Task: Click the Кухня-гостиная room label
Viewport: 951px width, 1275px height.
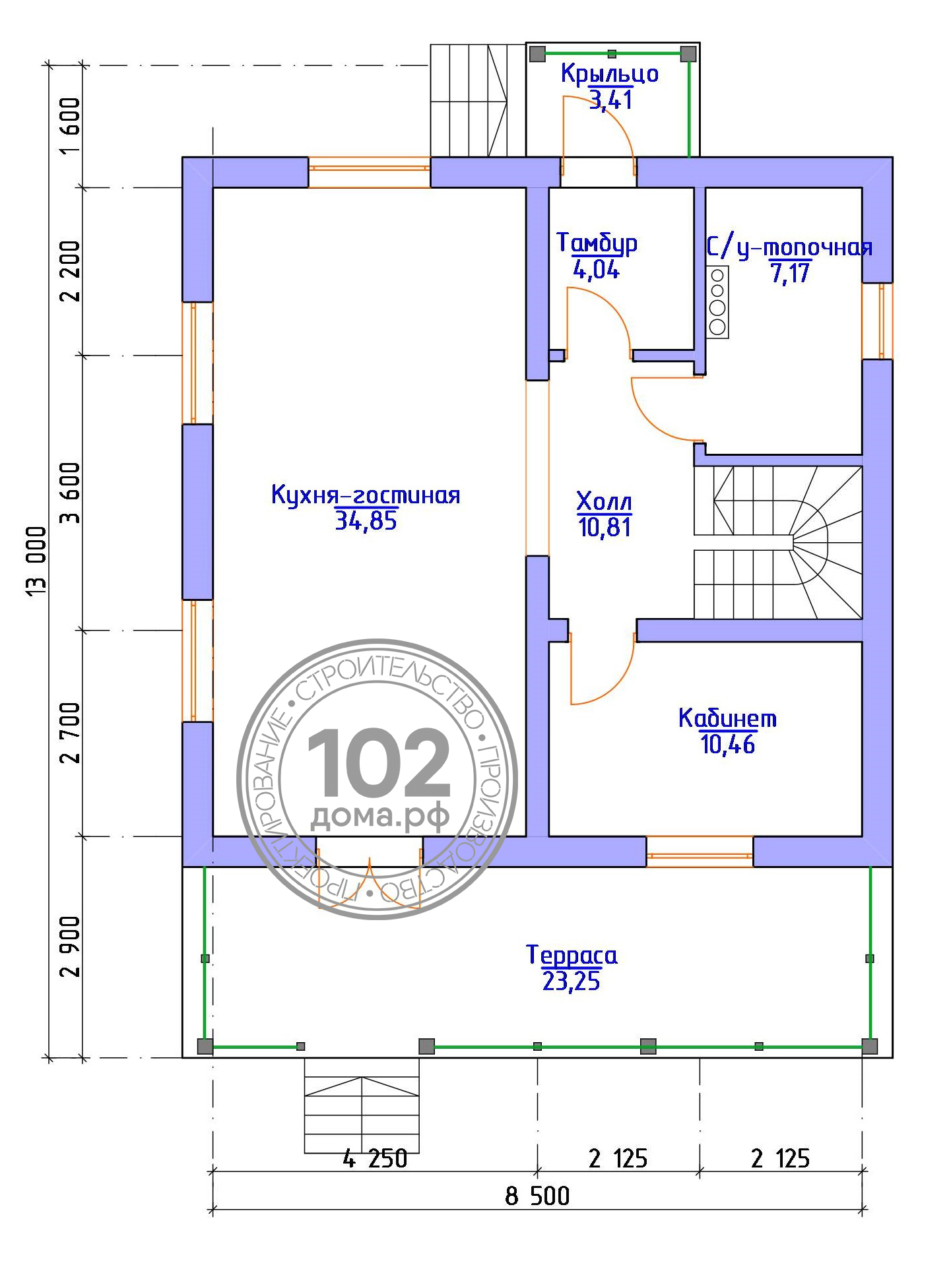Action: click(366, 495)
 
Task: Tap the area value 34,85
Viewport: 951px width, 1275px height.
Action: click(366, 522)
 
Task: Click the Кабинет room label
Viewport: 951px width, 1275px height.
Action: click(728, 718)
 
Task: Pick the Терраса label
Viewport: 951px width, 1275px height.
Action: click(572, 955)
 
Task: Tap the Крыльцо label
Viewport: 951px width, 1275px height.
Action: click(610, 74)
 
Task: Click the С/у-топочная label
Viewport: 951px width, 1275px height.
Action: click(789, 248)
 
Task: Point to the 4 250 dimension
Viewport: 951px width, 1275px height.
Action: click(375, 1158)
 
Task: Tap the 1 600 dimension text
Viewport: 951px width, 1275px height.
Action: click(69, 126)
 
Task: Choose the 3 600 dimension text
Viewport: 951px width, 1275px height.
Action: click(69, 493)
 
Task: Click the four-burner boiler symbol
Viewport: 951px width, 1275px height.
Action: click(717, 302)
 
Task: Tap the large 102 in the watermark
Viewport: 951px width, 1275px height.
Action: click(378, 764)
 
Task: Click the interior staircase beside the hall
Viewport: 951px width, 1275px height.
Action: click(778, 542)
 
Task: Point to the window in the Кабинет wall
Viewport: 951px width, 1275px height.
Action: click(700, 851)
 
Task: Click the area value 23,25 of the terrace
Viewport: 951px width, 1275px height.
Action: click(572, 982)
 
